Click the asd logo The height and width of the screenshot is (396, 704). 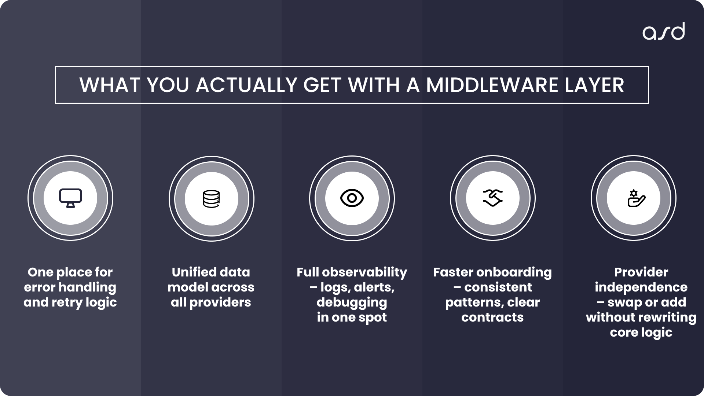coord(663,32)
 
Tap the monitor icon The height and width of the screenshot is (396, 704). coord(70,198)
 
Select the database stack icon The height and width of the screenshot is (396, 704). coord(211,199)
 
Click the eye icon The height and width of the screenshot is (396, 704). coord(352,198)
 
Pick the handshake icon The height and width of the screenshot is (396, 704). coord(492,198)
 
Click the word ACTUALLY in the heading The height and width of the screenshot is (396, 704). coord(246,85)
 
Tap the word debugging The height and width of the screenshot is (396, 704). coord(352,302)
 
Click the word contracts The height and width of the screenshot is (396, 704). coord(492,317)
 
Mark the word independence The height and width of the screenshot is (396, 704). coord(641,287)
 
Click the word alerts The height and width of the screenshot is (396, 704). coord(374,287)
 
